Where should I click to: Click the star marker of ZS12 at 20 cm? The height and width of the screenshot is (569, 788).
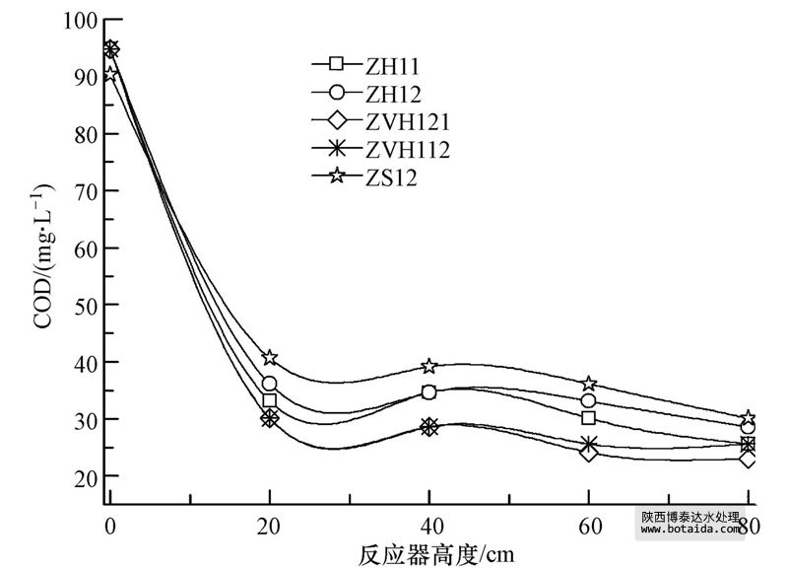click(269, 357)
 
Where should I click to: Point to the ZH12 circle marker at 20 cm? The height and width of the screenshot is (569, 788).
click(269, 384)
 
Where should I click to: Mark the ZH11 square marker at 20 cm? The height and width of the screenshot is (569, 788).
click(269, 400)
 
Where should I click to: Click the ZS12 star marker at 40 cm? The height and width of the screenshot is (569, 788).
click(429, 366)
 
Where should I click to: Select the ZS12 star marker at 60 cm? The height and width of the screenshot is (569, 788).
click(589, 383)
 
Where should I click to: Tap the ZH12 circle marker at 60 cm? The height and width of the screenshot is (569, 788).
click(589, 400)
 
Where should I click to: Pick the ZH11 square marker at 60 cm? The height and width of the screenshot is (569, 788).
click(589, 417)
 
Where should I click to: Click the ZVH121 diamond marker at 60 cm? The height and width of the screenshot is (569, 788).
click(589, 453)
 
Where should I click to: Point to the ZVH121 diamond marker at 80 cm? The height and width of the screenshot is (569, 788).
click(749, 459)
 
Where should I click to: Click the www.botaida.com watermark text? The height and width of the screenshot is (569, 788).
click(689, 530)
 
